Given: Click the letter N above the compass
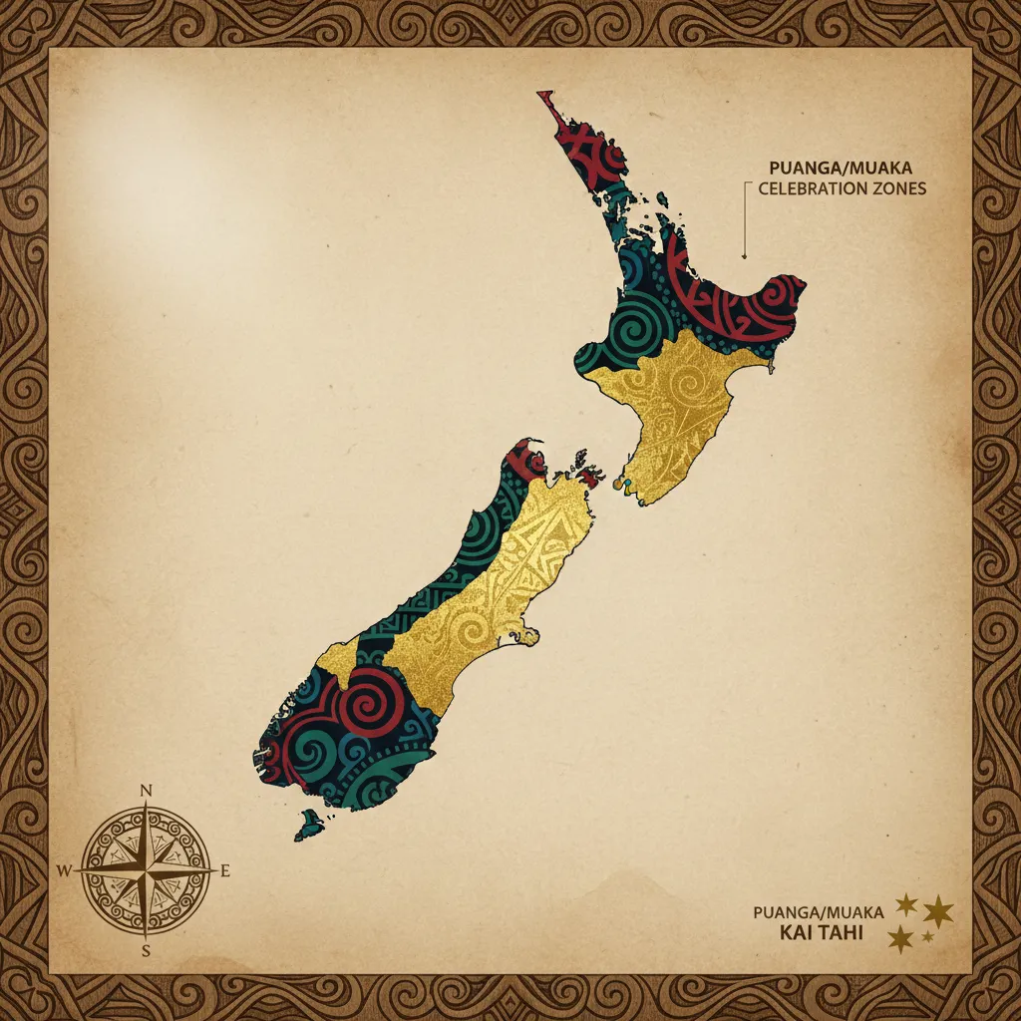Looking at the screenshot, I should pos(147,791).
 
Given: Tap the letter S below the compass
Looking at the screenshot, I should pos(147,949).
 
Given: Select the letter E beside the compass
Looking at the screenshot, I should pos(225,871).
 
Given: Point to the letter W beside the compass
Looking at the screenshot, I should pos(65,870).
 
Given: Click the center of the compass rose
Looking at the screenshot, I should pos(147,870).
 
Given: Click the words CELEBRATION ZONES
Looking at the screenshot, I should pos(843,188).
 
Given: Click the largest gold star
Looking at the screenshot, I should pos(938,910).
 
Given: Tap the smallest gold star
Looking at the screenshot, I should pos(928,936).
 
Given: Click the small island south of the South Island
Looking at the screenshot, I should pos(312,824).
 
